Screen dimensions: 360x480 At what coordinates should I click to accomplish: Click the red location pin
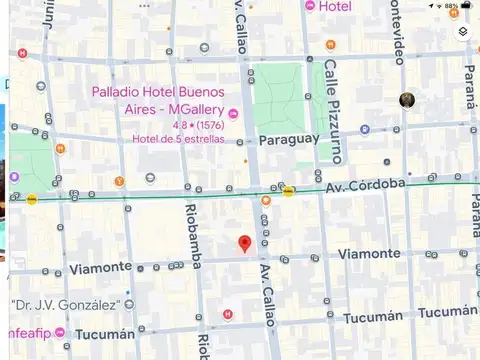244,244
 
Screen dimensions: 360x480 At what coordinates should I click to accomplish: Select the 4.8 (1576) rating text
197,126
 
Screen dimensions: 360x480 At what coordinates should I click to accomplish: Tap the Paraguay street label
288,140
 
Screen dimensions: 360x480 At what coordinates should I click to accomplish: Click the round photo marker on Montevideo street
407,100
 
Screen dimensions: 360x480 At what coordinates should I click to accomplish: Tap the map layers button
463,32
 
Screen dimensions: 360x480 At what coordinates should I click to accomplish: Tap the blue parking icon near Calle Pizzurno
364,129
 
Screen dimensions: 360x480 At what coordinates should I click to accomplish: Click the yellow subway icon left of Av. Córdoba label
288,190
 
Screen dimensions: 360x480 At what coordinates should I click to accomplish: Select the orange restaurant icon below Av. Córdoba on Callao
266,200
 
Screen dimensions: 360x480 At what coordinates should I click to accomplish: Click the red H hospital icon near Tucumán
227,314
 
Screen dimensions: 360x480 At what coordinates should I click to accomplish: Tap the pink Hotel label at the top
334,7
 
